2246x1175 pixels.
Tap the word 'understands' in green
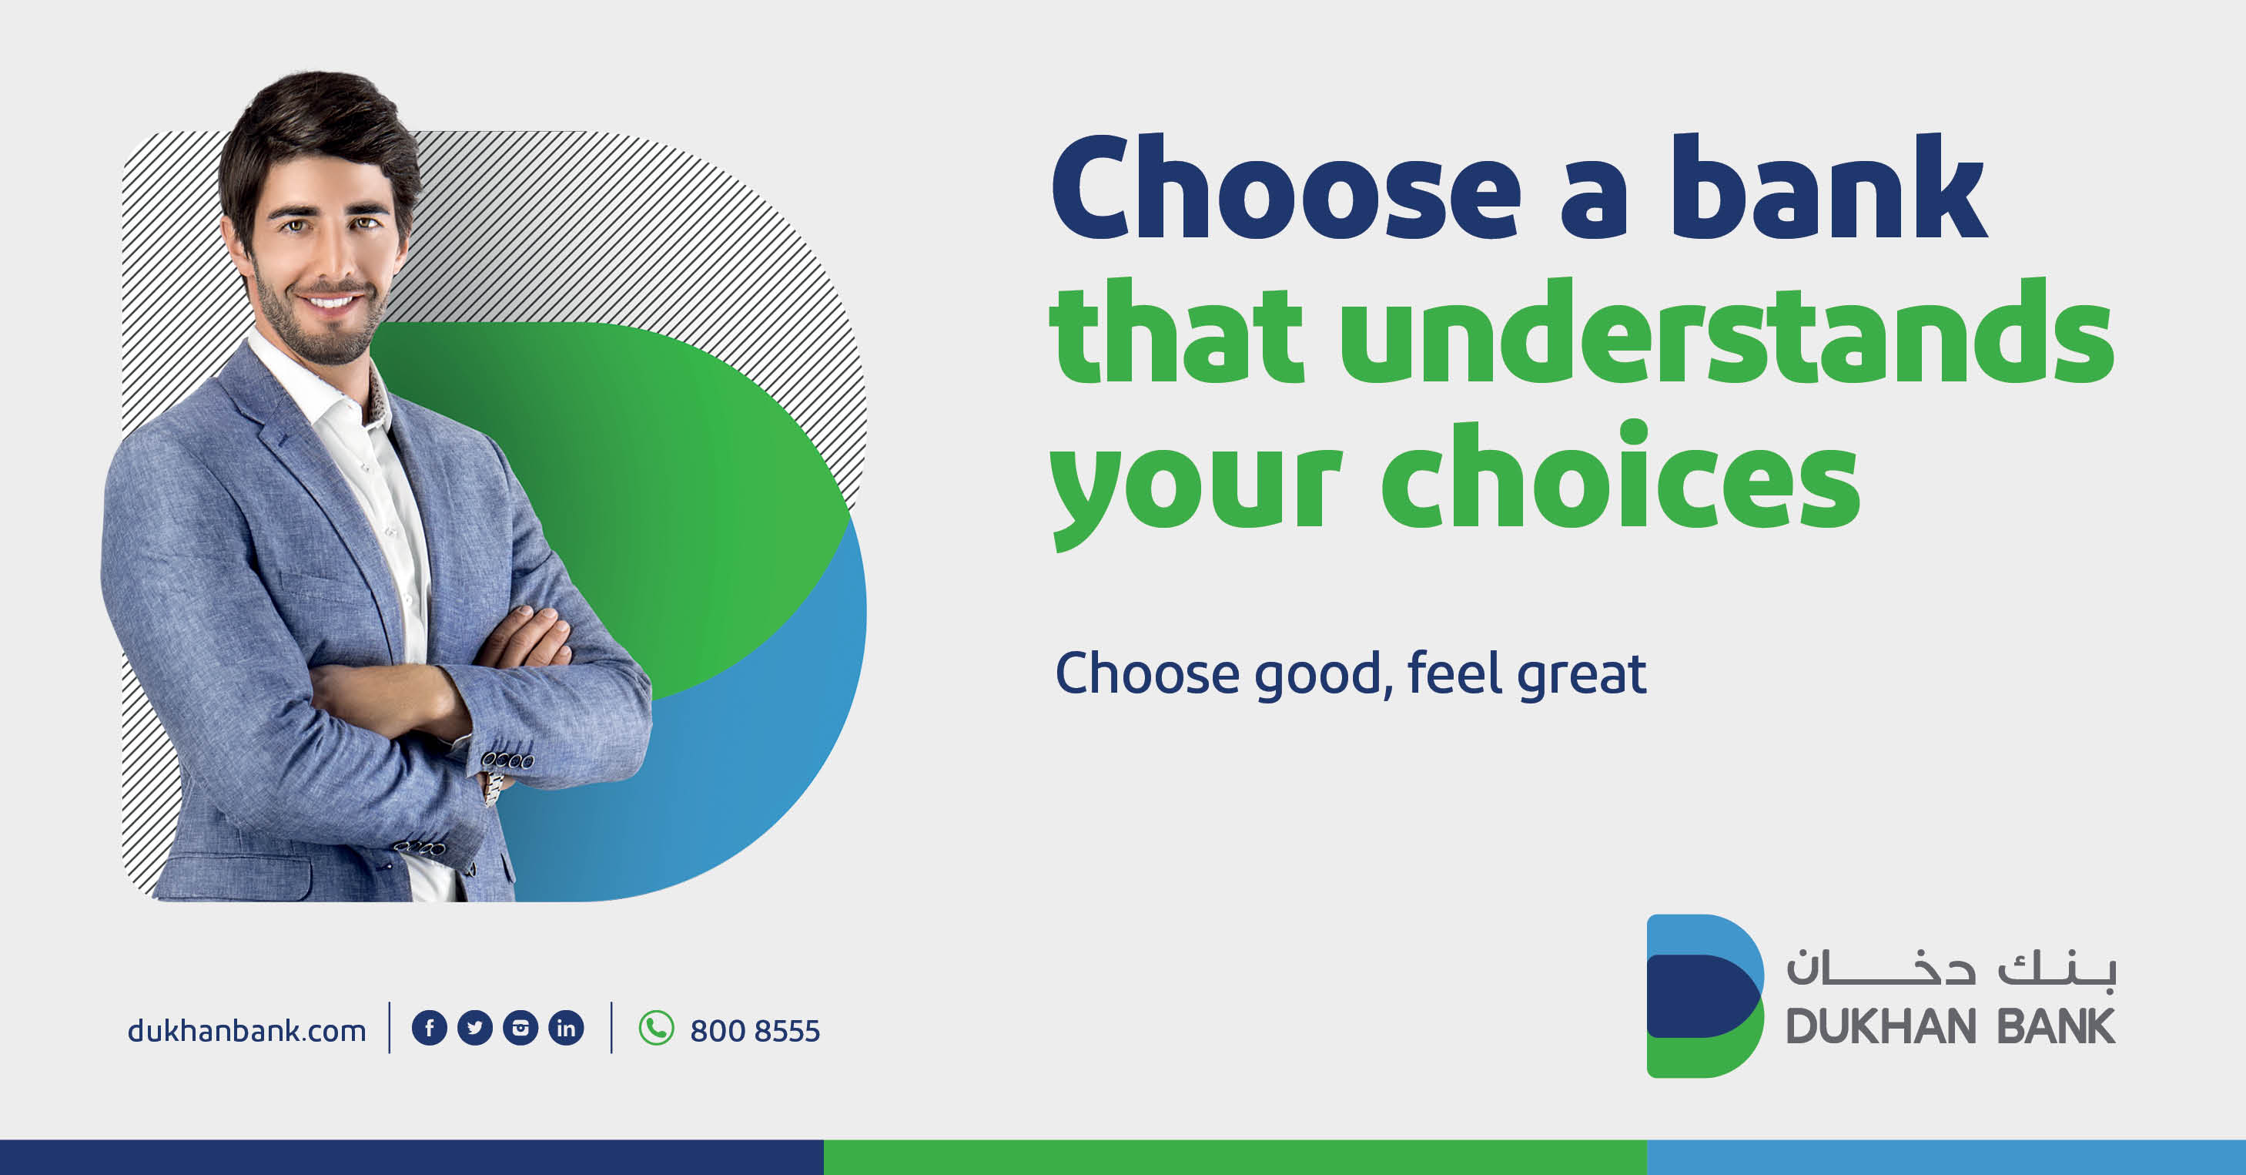1726,331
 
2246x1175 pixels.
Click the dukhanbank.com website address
246,1030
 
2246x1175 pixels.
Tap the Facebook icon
429,1028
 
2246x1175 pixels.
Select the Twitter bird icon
475,1028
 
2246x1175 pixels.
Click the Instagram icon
520,1028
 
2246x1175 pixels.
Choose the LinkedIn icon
566,1028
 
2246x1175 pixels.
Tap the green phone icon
657,1028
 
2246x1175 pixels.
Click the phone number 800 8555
755,1031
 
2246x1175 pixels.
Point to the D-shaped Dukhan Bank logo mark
1705,995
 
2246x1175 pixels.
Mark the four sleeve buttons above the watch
508,760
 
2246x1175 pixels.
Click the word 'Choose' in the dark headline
1286,186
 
